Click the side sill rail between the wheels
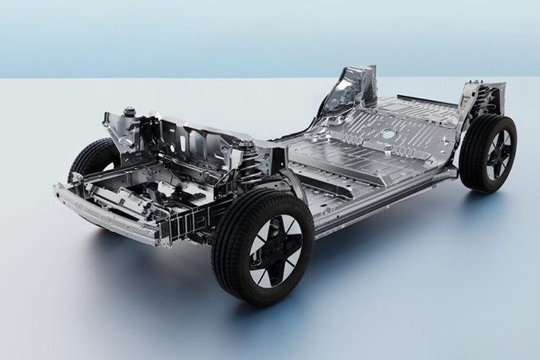tap(380, 202)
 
